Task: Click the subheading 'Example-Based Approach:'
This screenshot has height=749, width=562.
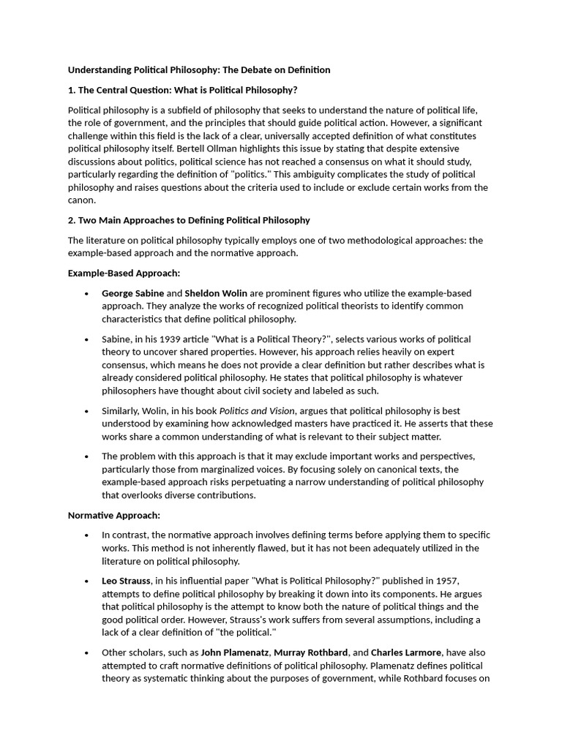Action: coord(124,273)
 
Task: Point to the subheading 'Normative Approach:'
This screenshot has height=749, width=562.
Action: coord(113,516)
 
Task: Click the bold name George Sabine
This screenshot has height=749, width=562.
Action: coord(133,293)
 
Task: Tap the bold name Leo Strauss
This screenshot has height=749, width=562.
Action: coord(126,581)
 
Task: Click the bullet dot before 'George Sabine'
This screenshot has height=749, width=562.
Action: coord(86,293)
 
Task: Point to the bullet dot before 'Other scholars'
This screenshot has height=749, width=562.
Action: coord(86,652)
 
